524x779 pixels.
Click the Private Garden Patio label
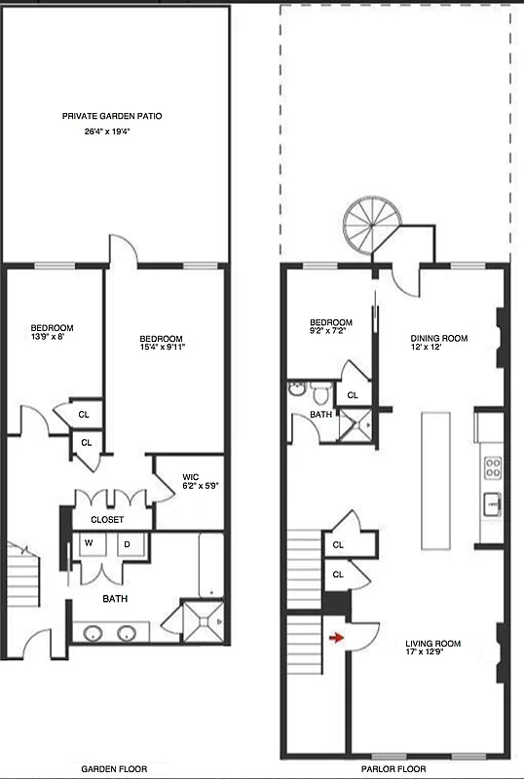[x=112, y=116]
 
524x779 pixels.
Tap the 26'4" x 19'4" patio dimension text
[x=112, y=131]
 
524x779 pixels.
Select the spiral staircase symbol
[x=367, y=226]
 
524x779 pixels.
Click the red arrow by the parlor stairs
[x=337, y=639]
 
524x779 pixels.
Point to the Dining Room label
[x=438, y=339]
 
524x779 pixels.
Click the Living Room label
[x=433, y=644]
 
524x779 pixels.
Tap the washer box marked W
[x=89, y=542]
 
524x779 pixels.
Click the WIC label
[x=191, y=477]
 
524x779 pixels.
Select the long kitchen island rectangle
[x=435, y=480]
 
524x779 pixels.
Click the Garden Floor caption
[x=115, y=769]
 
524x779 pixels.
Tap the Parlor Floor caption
[x=394, y=769]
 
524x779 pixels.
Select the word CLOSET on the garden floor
[x=107, y=519]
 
